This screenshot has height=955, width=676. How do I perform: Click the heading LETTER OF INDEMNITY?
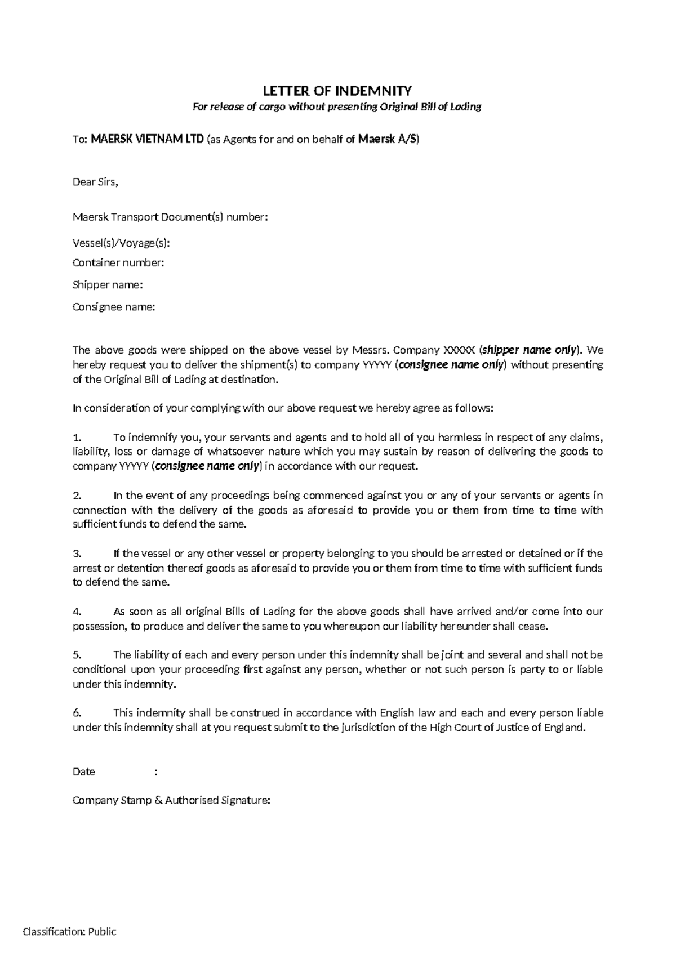coord(337,91)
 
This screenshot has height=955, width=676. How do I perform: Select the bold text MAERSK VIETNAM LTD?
coord(148,140)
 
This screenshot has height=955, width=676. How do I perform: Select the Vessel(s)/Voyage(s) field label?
coord(121,243)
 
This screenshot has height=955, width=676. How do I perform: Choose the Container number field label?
coord(118,262)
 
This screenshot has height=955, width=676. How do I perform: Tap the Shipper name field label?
coord(108,285)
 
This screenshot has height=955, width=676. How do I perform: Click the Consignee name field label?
coord(113,307)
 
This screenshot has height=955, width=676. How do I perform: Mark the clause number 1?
coord(78,438)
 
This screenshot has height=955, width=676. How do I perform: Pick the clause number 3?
coord(78,554)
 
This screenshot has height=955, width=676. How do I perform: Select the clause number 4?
coord(78,612)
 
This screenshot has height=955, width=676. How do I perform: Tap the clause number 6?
coord(78,713)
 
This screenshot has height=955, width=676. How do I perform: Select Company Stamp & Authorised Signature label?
coord(171,800)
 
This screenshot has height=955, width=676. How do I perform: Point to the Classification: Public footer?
coord(69,932)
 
